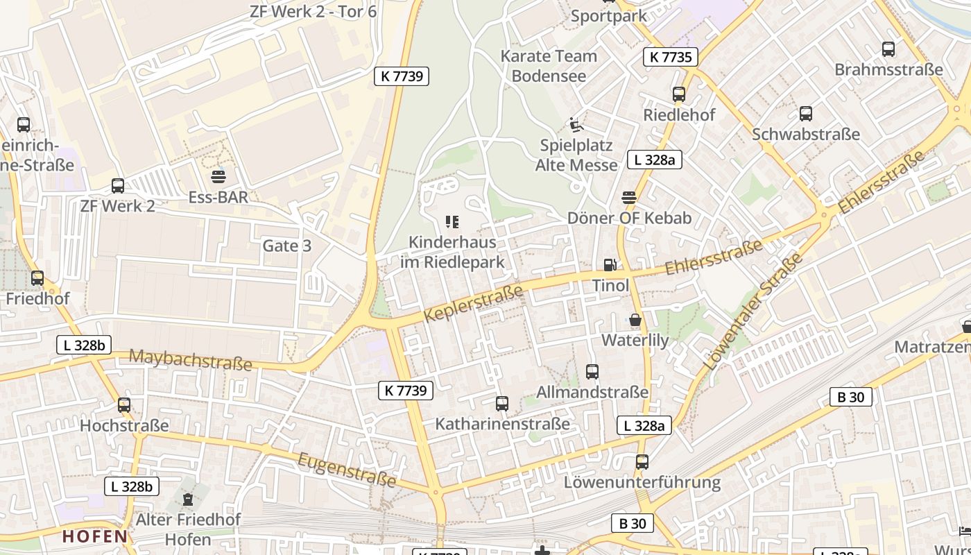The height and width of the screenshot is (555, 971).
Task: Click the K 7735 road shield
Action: point(670,57)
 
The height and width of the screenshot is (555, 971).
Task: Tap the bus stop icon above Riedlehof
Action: point(679,94)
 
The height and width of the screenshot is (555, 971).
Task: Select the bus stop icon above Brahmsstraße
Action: point(888,49)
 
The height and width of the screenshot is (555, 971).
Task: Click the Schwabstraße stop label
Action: point(806,134)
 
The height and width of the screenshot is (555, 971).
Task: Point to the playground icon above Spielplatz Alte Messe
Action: point(576,124)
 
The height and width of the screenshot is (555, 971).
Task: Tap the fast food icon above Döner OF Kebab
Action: point(629,198)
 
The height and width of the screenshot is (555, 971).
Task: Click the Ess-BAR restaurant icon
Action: point(218,176)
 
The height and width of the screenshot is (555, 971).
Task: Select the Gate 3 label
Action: point(286,246)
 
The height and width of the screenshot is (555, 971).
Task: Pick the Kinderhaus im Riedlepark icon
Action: point(452,222)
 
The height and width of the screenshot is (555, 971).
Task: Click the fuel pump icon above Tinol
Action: point(610,264)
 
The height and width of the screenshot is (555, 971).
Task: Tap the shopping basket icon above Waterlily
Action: point(635,320)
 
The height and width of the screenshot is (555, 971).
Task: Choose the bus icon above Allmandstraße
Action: point(592,372)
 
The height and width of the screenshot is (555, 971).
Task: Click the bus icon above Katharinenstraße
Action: point(502,403)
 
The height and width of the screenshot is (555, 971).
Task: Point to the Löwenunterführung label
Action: point(642,481)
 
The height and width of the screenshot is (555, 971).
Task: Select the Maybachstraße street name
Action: point(191,359)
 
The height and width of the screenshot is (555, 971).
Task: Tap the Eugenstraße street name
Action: point(347,470)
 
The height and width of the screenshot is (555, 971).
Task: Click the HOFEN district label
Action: point(95,536)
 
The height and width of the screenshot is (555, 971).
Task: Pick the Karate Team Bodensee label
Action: point(549,65)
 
